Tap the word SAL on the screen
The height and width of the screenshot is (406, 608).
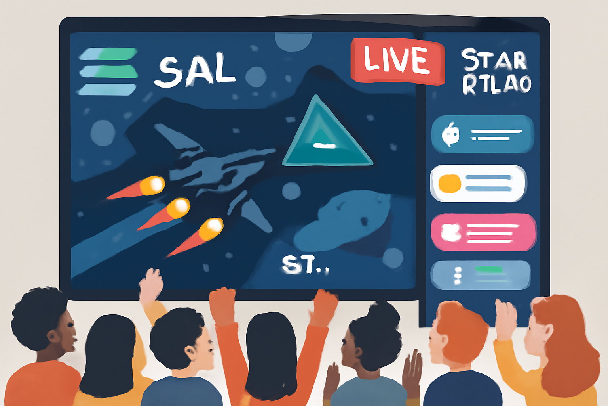[x=196, y=71]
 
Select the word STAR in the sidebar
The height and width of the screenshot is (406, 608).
[x=494, y=60]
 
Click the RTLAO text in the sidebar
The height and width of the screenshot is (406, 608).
[x=496, y=84]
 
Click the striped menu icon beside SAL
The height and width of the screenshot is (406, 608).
[x=108, y=71]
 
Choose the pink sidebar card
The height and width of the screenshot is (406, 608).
[x=483, y=232]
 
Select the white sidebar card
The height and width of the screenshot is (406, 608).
[x=478, y=183]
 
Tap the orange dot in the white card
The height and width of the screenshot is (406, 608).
[x=449, y=184]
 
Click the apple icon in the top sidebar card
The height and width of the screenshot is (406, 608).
[x=450, y=134]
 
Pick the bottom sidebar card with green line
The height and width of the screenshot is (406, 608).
[x=480, y=275]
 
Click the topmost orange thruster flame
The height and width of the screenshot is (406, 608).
[x=152, y=185]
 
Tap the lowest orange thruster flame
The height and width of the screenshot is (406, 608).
[x=211, y=229]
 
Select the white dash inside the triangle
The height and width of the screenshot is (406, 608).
[x=324, y=146]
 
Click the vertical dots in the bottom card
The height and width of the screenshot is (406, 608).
[x=458, y=276]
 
